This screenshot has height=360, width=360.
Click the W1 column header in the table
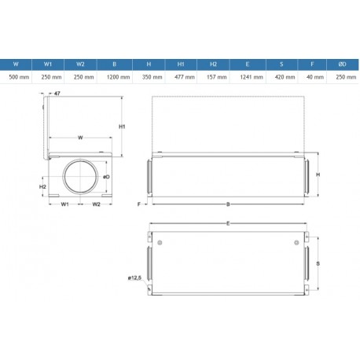point(48,64)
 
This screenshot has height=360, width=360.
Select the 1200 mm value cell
point(118,77)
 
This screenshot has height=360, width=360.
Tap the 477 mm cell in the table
point(185,77)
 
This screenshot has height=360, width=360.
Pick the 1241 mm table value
point(252,77)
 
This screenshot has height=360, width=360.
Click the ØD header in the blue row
point(342,64)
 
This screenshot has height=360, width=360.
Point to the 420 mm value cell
point(285,77)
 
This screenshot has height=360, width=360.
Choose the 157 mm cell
point(216,77)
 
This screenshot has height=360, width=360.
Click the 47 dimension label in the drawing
point(57,94)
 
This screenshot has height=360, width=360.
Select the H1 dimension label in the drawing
point(122,127)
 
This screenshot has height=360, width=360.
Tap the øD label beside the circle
point(106,177)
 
